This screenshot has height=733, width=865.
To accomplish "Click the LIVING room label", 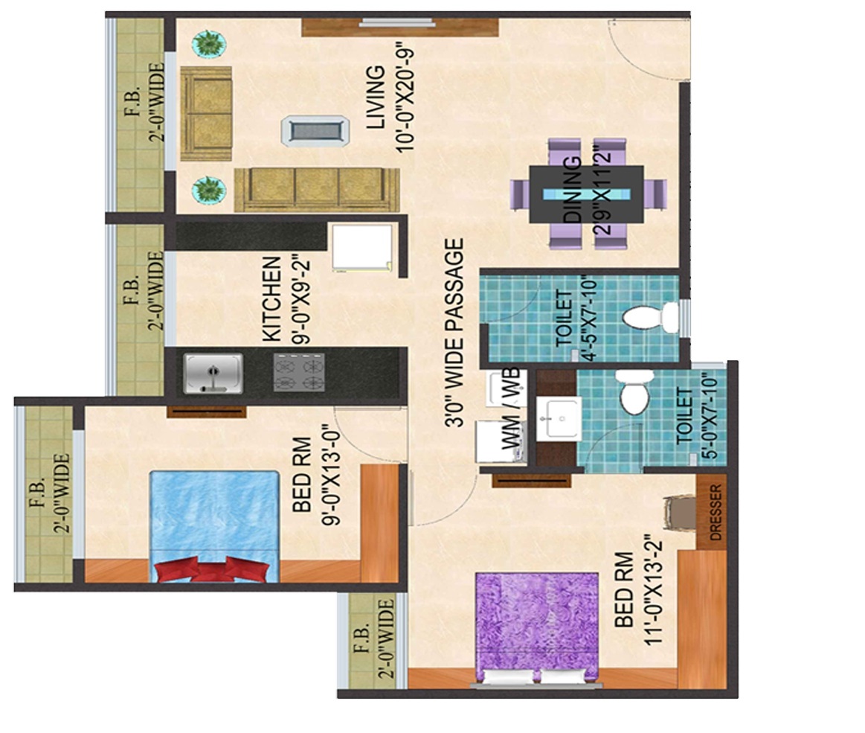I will tap(377, 97).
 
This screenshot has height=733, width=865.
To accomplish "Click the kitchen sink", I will tap(213, 372).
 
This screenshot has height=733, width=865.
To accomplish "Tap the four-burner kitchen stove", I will tap(299, 372).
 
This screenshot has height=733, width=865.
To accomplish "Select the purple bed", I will tap(537, 625).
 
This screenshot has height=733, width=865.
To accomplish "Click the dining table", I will tap(586, 194).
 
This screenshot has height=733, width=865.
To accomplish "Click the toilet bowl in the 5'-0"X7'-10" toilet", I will tap(634, 395).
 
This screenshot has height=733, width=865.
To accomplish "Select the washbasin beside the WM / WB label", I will tap(559, 417).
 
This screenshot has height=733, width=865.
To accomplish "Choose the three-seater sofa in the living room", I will tap(316, 189).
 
